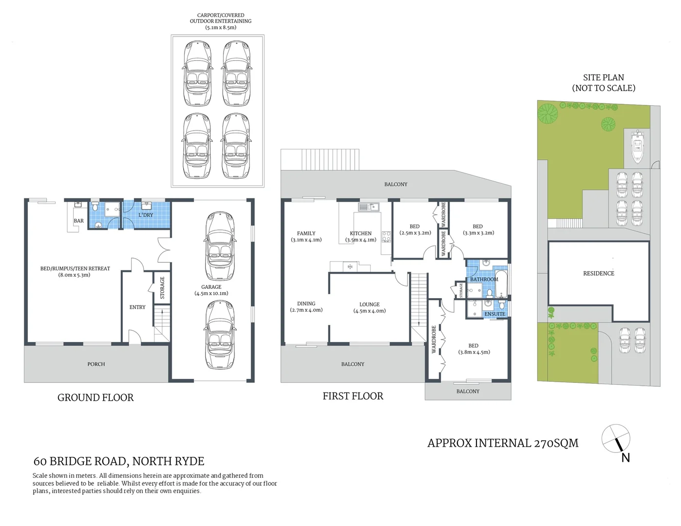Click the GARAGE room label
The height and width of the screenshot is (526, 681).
tap(211, 287)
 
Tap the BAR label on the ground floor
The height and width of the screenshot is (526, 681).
tap(78, 221)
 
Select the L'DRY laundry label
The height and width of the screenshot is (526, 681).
tap(146, 215)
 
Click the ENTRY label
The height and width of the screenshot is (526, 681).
tap(137, 307)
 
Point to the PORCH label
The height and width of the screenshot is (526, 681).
tap(96, 364)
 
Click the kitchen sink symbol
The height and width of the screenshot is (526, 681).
tap(369, 207)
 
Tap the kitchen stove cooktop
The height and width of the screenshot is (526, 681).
tap(386, 237)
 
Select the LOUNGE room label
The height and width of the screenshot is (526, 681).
tap(369, 304)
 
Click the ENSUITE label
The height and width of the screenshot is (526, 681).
tap(494, 314)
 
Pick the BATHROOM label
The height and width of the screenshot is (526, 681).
tap(484, 279)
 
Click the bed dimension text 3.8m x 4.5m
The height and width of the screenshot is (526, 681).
tap(473, 352)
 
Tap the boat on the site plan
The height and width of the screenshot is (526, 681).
tap(637, 146)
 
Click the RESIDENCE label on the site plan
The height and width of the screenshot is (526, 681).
tap(599, 273)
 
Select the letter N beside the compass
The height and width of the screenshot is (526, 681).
tap(625, 458)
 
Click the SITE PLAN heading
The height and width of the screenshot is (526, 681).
tap(603, 77)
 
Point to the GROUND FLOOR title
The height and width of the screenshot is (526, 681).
tap(95, 397)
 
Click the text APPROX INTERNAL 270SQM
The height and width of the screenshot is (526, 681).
tap(503, 443)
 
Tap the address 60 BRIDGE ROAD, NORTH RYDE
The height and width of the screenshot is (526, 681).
tap(119, 461)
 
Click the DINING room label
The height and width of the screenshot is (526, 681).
tap(306, 303)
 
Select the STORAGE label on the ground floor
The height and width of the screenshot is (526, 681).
tap(162, 287)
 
